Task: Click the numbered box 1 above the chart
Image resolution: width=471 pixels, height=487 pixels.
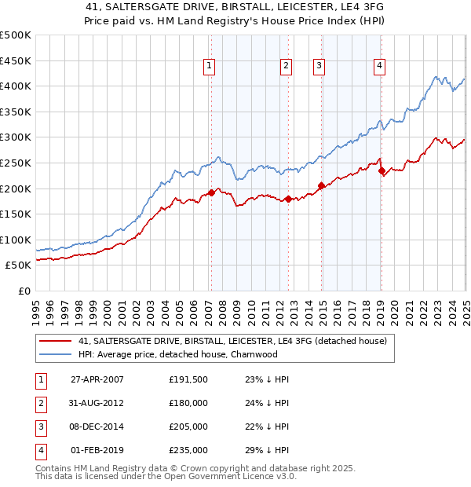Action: pyautogui.click(x=210, y=67)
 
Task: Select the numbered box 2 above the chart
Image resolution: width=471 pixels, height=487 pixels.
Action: pyautogui.click(x=286, y=67)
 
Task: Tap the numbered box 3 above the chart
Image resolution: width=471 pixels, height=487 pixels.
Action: pyautogui.click(x=319, y=67)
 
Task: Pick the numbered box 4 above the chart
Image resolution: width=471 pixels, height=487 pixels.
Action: pyautogui.click(x=379, y=67)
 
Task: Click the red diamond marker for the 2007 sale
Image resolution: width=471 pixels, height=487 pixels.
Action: pyautogui.click(x=211, y=192)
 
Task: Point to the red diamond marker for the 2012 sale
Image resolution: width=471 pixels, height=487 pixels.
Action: pyautogui.click(x=288, y=199)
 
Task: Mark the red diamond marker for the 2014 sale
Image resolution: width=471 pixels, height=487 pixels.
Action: pyautogui.click(x=321, y=185)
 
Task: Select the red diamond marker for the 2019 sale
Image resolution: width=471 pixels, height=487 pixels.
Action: pyautogui.click(x=381, y=170)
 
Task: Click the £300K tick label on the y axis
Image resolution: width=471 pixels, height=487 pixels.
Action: pyautogui.click(x=16, y=137)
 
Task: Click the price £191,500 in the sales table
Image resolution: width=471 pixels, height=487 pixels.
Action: pyautogui.click(x=188, y=379)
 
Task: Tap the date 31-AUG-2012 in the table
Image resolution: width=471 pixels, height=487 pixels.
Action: pyautogui.click(x=97, y=403)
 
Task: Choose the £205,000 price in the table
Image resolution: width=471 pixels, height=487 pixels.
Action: pyautogui.click(x=188, y=427)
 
